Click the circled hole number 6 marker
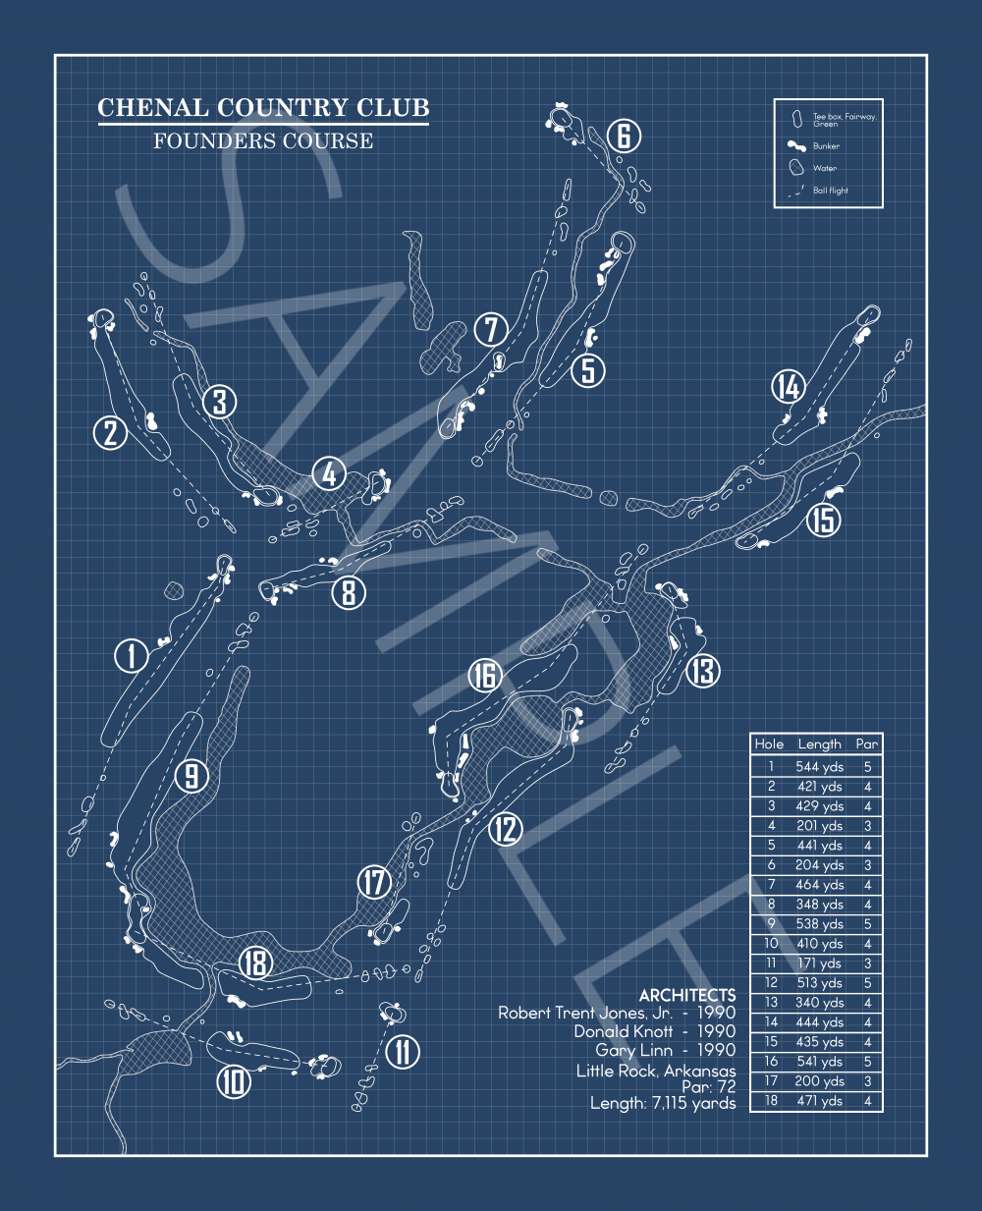click(624, 136)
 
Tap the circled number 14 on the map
click(789, 387)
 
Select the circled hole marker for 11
click(403, 1052)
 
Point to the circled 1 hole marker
click(132, 655)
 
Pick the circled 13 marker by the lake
click(703, 671)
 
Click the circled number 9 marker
click(191, 776)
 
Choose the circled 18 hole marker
click(255, 963)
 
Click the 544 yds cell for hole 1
click(820, 767)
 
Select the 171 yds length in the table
click(820, 963)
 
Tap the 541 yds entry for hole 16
click(820, 1062)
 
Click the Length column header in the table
click(820, 744)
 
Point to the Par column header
click(867, 744)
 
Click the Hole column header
click(770, 744)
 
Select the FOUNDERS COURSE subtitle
click(263, 141)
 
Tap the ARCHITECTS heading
click(687, 996)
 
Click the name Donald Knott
click(624, 1031)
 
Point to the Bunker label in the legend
click(826, 146)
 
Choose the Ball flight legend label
click(831, 191)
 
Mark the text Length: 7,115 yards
click(663, 1104)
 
